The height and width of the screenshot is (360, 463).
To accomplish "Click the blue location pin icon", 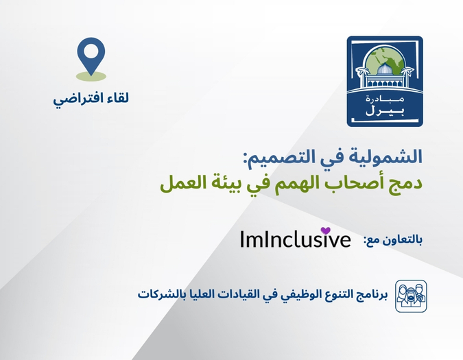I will [91, 54].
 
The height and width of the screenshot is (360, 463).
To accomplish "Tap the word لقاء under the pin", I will [114, 98].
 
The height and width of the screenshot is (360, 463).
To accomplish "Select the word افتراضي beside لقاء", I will [77, 99].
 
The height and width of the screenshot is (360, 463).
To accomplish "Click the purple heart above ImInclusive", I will [326, 230].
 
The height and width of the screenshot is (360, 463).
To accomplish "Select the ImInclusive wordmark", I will [295, 239].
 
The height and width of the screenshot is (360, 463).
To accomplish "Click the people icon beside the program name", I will [410, 296].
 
